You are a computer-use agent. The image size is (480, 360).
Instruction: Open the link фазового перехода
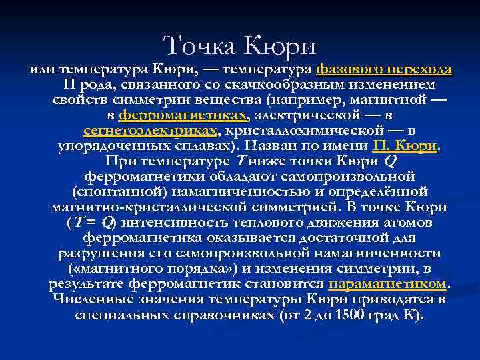384,69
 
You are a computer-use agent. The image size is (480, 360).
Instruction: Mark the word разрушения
103,253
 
